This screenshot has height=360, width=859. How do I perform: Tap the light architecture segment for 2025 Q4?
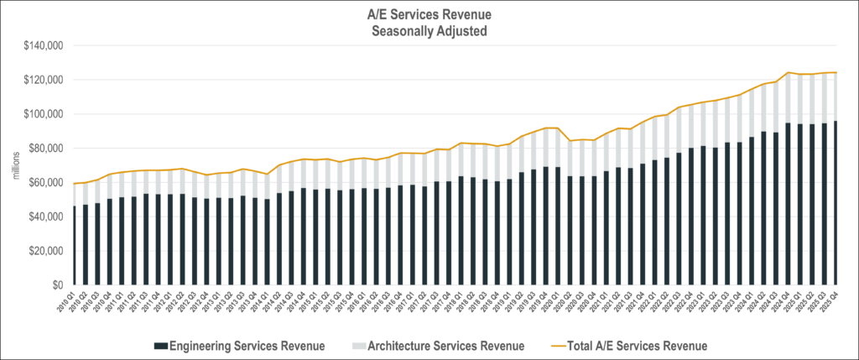[836, 97]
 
